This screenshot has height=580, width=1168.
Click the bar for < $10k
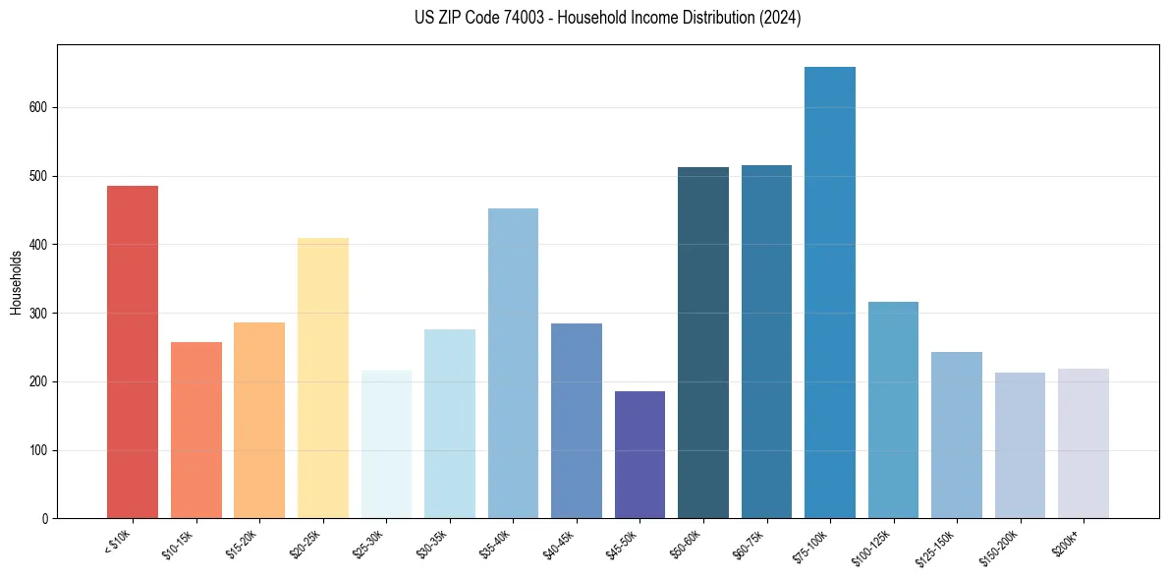[x=132, y=352]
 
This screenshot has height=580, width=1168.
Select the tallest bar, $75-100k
[x=829, y=293]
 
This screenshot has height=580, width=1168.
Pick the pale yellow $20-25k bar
[x=322, y=378]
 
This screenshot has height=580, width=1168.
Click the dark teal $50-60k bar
[x=702, y=343]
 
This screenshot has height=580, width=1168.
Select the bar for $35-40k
[x=513, y=364]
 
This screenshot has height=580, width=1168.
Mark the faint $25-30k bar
[x=386, y=444]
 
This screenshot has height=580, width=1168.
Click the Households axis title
[x=16, y=282]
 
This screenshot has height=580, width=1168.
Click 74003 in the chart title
[x=522, y=18]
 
